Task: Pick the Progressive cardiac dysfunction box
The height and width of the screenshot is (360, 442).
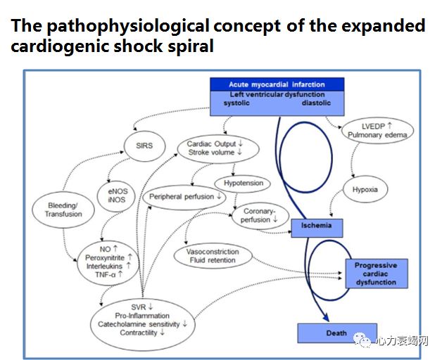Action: coord(376,274)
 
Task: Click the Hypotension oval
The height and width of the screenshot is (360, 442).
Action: coord(244,184)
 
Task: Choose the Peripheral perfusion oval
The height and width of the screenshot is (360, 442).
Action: coord(185,197)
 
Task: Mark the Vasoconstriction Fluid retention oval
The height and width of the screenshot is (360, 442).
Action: coord(213,256)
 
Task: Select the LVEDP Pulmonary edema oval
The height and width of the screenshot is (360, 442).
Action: coord(377,130)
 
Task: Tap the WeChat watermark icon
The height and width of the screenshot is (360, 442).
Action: coord(365,341)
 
